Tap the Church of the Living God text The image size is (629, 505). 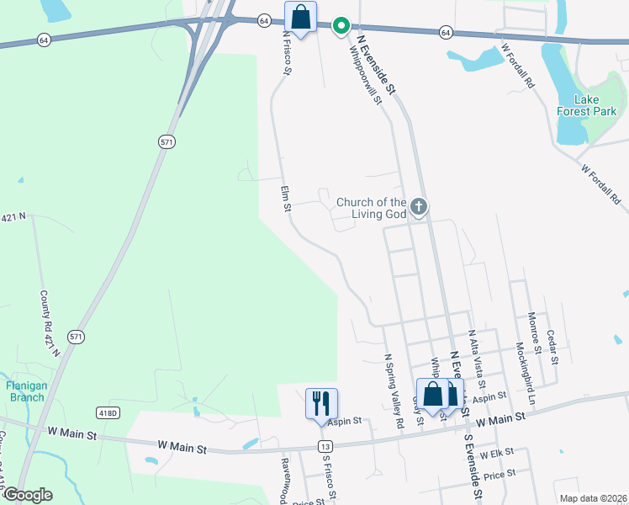tap(371, 207)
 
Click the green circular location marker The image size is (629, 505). tap(341, 27)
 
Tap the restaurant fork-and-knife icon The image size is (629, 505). tap(321, 403)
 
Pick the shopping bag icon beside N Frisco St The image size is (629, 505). tap(300, 18)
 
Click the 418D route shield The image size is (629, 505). tap(108, 412)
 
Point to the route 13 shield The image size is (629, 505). tap(324, 444)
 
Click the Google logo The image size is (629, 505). tap(28, 495)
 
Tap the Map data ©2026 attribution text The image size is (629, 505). tap(593, 498)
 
